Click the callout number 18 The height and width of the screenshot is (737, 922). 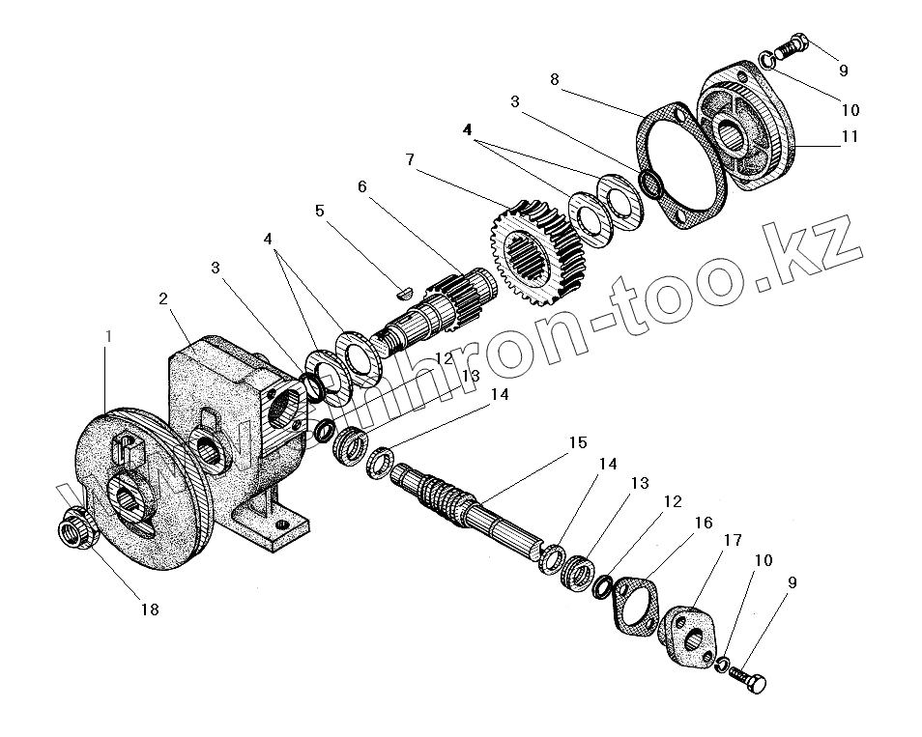[x=150, y=609]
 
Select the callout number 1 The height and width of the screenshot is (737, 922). [x=108, y=337]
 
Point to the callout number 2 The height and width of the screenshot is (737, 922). [x=163, y=298]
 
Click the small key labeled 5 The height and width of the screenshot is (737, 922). [x=405, y=286]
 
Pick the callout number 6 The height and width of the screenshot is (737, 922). [x=361, y=186]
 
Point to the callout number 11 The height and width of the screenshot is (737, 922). [x=849, y=137]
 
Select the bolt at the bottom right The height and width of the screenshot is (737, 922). [x=749, y=678]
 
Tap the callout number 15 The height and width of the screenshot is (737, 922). [x=578, y=443]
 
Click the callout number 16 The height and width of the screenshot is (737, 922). [x=703, y=523]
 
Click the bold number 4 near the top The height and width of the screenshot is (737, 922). [x=468, y=129]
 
